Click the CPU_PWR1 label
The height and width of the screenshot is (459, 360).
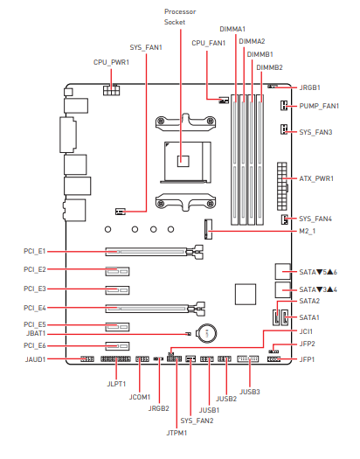[x=111, y=62]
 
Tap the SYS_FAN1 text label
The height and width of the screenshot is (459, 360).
[x=146, y=47]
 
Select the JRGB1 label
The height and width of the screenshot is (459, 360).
[x=309, y=87]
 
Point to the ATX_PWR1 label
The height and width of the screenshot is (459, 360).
[x=316, y=178]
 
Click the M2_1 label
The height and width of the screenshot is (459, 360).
[x=308, y=232]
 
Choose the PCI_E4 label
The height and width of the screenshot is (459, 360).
[x=35, y=308]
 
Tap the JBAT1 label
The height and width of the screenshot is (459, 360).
[x=36, y=333]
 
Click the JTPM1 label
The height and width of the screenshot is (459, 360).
[x=177, y=433]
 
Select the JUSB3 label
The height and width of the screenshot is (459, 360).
[x=250, y=392]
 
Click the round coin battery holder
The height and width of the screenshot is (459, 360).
[x=206, y=333]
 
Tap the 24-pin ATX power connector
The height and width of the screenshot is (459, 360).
[x=282, y=186]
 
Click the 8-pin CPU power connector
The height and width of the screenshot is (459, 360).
[x=111, y=90]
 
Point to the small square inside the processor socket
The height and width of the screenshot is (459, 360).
[x=183, y=161]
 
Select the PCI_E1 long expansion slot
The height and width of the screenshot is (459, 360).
[x=155, y=252]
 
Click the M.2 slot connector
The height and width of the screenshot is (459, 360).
[x=208, y=229]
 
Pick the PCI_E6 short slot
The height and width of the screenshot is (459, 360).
[x=117, y=346]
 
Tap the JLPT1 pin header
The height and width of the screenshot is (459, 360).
[x=115, y=358]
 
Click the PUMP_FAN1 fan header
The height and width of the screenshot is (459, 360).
[x=284, y=106]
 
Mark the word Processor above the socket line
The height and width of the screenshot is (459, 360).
[x=180, y=11]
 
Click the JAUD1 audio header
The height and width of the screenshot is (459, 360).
[x=87, y=358]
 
